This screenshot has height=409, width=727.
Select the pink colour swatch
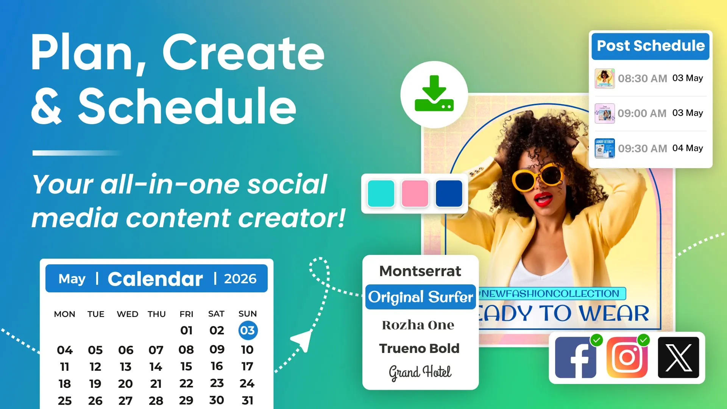click(415, 194)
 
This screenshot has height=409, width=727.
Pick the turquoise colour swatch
click(381, 194)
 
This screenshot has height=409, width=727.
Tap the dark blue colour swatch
click(449, 194)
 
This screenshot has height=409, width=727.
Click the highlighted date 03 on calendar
click(248, 330)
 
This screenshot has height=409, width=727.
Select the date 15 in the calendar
click(186, 367)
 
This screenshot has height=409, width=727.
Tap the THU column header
click(156, 314)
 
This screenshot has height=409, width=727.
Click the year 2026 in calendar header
click(240, 279)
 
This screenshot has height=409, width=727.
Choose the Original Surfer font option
click(420, 297)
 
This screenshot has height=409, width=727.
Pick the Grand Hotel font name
click(420, 372)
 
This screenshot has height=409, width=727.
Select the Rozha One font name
click(418, 325)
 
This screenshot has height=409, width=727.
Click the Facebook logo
click(575, 357)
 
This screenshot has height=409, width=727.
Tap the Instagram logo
click(627, 357)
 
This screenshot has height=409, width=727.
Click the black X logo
click(678, 357)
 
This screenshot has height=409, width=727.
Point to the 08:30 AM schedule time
click(642, 78)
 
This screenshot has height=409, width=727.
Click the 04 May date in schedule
click(687, 148)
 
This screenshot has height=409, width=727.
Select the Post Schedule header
click(650, 46)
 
